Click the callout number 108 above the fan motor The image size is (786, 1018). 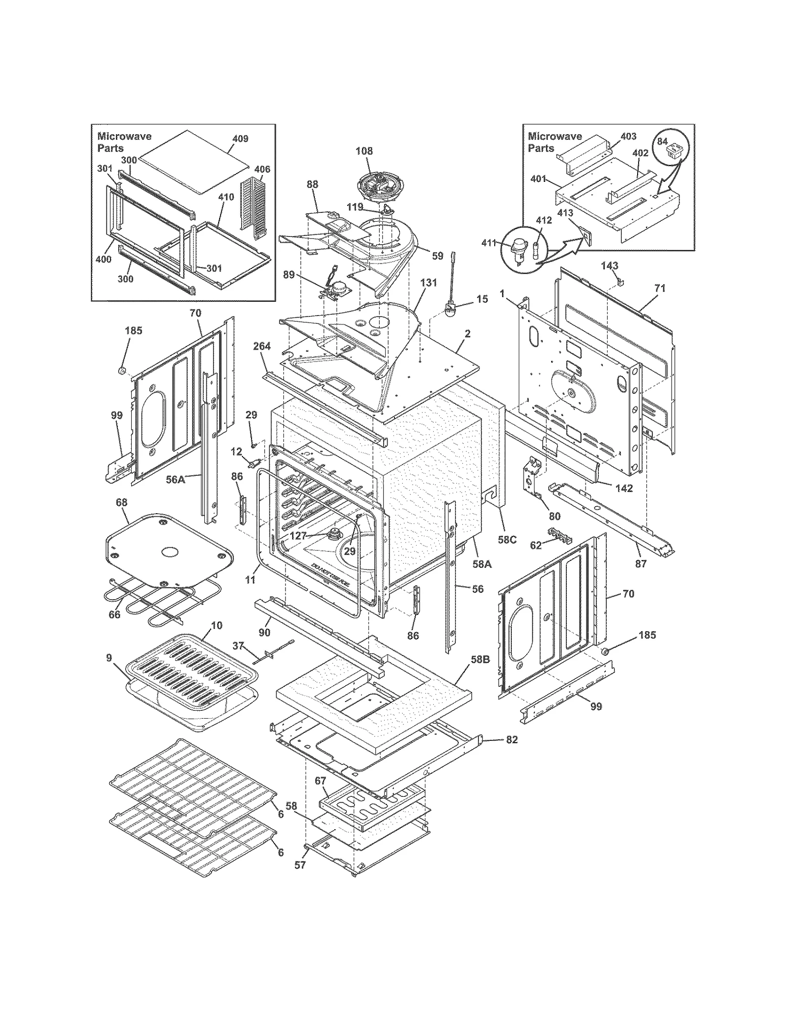point(364,151)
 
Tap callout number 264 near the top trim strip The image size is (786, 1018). point(262,346)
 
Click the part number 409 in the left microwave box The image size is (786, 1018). point(240,139)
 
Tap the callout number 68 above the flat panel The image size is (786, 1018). point(121,502)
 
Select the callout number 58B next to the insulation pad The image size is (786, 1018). point(480,660)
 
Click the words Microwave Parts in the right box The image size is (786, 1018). point(554,142)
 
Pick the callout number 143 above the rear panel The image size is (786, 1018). point(609,265)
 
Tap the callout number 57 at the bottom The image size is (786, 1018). point(300,865)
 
